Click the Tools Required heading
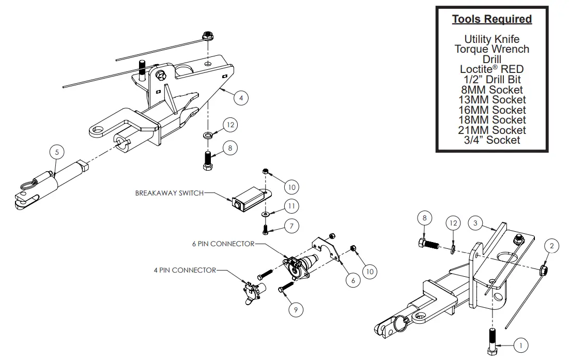(x=491, y=19)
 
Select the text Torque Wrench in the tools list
(x=491, y=49)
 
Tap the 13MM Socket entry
(x=491, y=100)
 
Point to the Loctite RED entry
(x=491, y=69)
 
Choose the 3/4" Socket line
(x=491, y=140)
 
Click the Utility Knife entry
(x=491, y=39)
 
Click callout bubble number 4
(x=240, y=97)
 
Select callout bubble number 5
(x=57, y=152)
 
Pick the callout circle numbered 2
(x=551, y=246)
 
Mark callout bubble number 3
(x=476, y=223)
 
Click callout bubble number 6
(x=352, y=280)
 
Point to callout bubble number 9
(x=296, y=309)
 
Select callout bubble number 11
(x=291, y=206)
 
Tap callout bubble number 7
(x=291, y=227)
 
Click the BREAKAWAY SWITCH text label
(x=169, y=193)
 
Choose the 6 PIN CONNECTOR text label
(x=223, y=244)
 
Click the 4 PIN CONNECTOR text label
(x=184, y=270)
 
